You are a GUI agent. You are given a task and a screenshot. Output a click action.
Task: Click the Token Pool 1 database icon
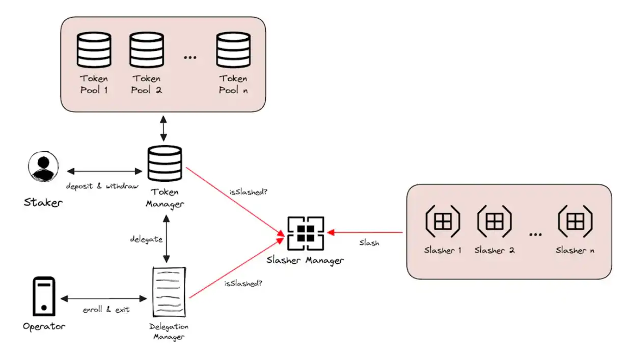pyautogui.click(x=94, y=49)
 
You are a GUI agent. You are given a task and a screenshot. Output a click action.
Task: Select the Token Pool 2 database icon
pyautogui.click(x=146, y=49)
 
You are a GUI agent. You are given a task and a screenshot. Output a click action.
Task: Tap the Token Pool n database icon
pyautogui.click(x=233, y=49)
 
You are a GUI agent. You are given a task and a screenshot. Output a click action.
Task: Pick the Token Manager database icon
pyautogui.click(x=163, y=163)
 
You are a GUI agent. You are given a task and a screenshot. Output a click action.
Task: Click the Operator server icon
pyautogui.click(x=44, y=296)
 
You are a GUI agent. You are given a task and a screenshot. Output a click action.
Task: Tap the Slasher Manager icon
pyautogui.click(x=305, y=233)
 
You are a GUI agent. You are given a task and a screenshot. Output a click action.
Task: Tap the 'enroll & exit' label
pyautogui.click(x=106, y=309)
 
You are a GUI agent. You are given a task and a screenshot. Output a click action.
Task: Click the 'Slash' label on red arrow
pyautogui.click(x=369, y=243)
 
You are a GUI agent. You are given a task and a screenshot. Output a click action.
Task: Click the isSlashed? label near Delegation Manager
pyautogui.click(x=243, y=282)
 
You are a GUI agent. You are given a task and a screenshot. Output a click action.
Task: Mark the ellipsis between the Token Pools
pyautogui.click(x=190, y=58)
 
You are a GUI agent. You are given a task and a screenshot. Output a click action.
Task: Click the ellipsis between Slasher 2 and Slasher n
pyautogui.click(x=535, y=234)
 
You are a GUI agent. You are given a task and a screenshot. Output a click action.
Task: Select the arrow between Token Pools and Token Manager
pyautogui.click(x=163, y=128)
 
